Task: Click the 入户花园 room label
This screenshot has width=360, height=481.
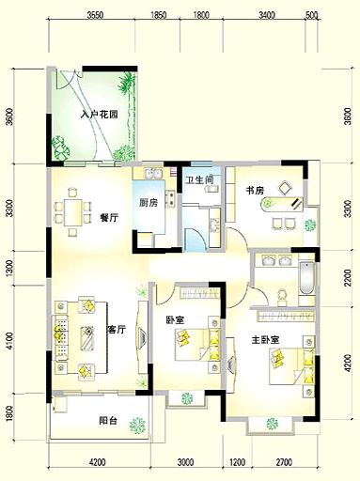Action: point(99,115)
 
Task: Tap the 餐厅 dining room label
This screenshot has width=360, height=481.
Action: point(109,218)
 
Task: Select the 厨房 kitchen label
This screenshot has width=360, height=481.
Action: point(149,203)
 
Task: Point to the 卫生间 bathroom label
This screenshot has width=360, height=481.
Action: point(199,180)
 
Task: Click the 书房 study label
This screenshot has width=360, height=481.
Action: point(255,190)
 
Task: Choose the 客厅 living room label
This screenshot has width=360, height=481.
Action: point(117,330)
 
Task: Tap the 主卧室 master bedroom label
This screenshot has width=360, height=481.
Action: point(265,340)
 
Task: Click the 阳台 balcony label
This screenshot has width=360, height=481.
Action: point(108,420)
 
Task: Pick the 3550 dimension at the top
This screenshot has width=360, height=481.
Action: point(95,15)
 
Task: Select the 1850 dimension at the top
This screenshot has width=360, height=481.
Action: point(158,15)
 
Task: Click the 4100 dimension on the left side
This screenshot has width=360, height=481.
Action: point(9,341)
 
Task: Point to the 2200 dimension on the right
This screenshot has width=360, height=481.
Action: point(347,278)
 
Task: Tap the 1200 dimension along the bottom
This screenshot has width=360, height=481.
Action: point(237,462)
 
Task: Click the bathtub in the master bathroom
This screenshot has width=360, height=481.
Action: point(306,278)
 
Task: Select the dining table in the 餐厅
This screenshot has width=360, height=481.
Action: point(73,212)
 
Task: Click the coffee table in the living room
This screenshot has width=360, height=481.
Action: point(87,338)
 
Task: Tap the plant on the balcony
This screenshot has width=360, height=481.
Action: point(138,426)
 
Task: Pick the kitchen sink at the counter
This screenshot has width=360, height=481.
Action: point(152,173)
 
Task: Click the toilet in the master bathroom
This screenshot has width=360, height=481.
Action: point(282,297)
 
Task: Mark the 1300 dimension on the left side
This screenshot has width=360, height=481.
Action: point(9,268)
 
